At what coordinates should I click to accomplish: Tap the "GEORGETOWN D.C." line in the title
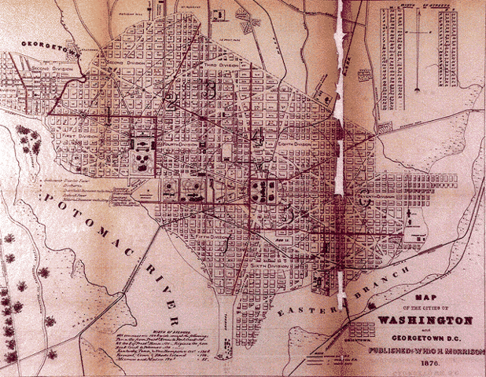click(425, 331)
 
